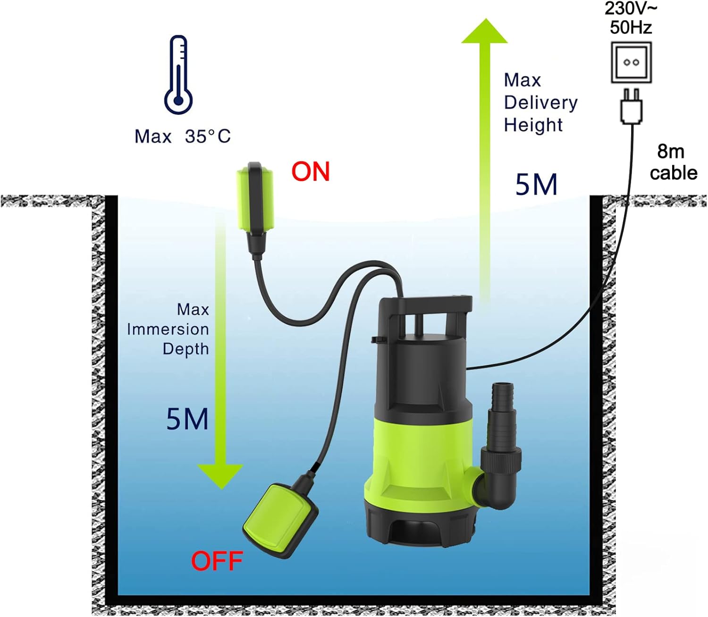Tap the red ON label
coord(310,172)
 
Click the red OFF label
coord(217,561)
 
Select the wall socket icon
coord(631,62)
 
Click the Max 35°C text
coord(183,137)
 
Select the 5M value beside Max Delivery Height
coord(536,184)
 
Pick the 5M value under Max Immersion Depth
coord(187,419)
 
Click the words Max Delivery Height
coord(540,102)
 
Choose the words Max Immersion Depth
coord(169,329)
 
